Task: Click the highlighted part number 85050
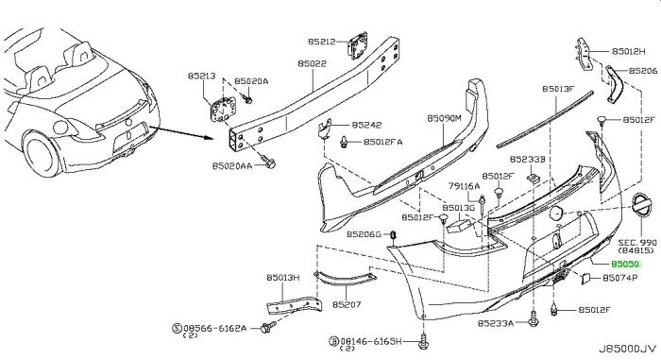click(x=625, y=267)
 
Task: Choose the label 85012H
click(x=626, y=48)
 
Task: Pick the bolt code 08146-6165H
click(x=366, y=339)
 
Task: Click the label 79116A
click(x=464, y=186)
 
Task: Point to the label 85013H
click(x=282, y=278)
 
